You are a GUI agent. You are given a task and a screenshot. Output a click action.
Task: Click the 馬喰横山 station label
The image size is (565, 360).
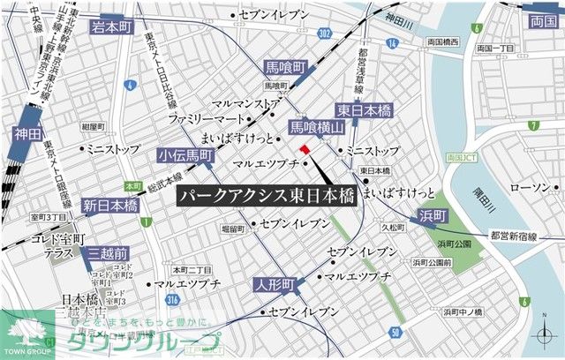click(316, 128)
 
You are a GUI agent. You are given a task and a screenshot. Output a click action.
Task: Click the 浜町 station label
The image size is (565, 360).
click(434, 214)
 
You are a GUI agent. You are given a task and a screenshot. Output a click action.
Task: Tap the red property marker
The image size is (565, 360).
click(305, 148)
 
